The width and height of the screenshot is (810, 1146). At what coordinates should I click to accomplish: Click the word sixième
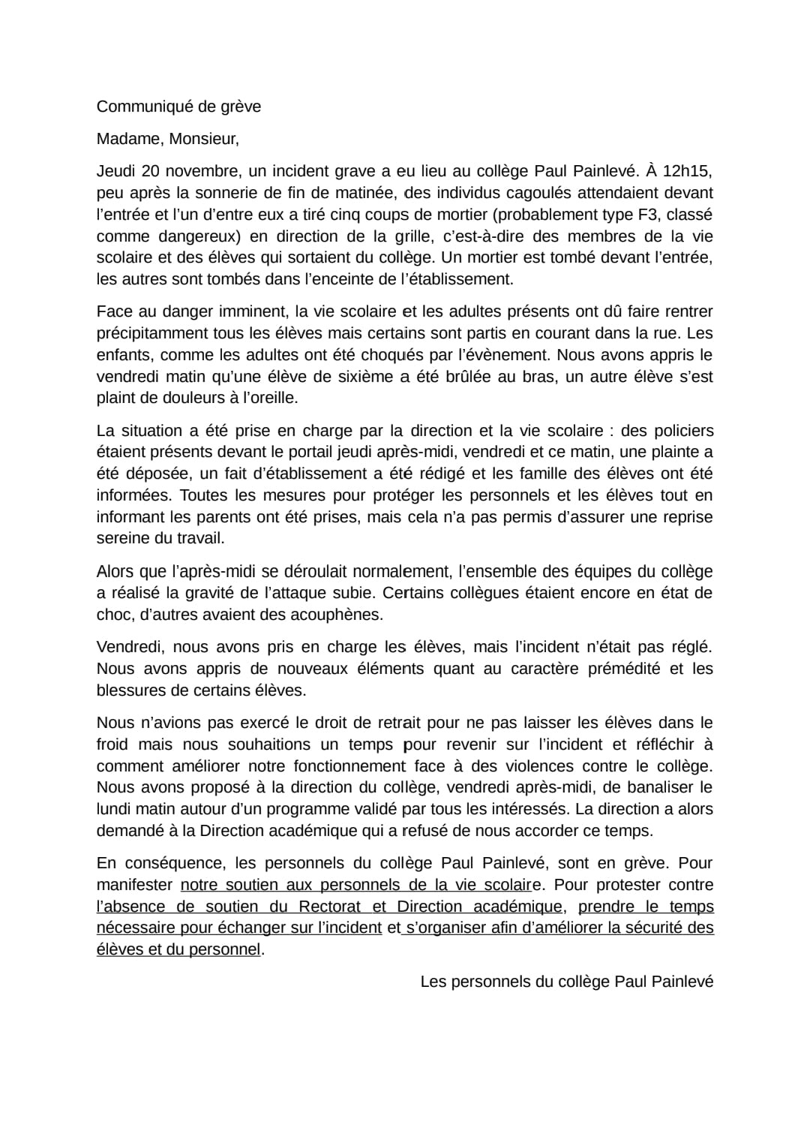(x=363, y=377)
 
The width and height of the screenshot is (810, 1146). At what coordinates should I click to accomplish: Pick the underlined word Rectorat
(x=330, y=907)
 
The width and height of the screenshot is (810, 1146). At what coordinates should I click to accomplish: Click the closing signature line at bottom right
(x=566, y=982)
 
